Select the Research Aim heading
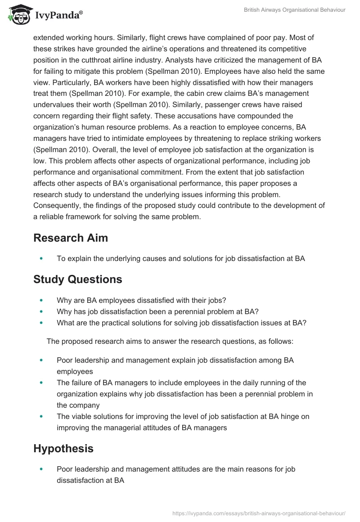pos(71,238)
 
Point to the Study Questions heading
pos(77,279)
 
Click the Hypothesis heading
pos(63,448)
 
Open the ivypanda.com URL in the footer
pos(259,513)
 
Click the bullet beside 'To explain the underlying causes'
pos(42,259)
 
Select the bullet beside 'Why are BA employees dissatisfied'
pos(42,300)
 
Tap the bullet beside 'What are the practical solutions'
pos(42,323)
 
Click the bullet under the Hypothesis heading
pos(42,469)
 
